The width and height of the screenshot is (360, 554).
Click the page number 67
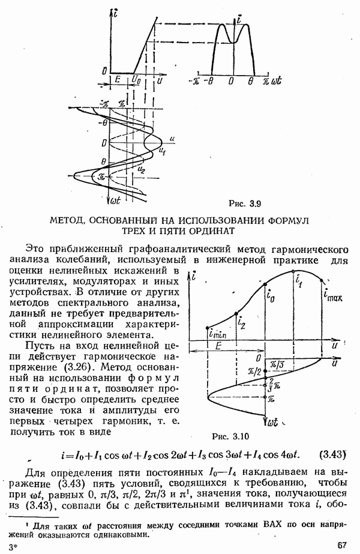coord(343,545)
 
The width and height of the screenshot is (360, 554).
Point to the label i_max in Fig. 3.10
coord(332,295)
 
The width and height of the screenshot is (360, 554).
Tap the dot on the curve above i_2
coord(238,313)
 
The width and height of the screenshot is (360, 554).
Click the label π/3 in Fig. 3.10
coord(278,364)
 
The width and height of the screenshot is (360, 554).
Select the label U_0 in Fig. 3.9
coord(136,79)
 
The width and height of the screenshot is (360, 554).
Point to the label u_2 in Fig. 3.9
coord(141,171)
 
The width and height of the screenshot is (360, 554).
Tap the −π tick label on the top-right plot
coord(193,80)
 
